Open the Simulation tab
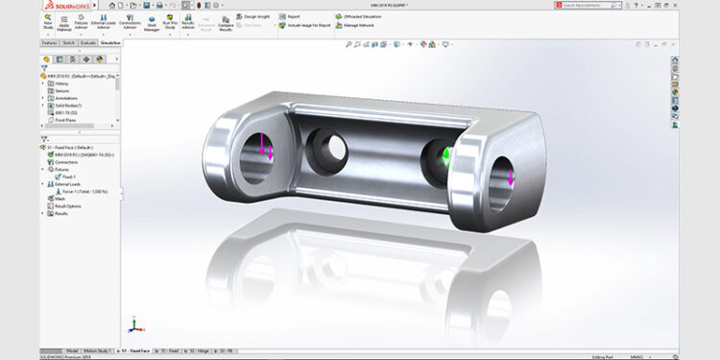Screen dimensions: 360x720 (x=110, y=43)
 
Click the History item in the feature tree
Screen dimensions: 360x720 (x=61, y=84)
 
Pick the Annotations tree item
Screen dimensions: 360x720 (x=67, y=97)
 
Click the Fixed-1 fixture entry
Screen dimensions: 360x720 (x=69, y=177)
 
